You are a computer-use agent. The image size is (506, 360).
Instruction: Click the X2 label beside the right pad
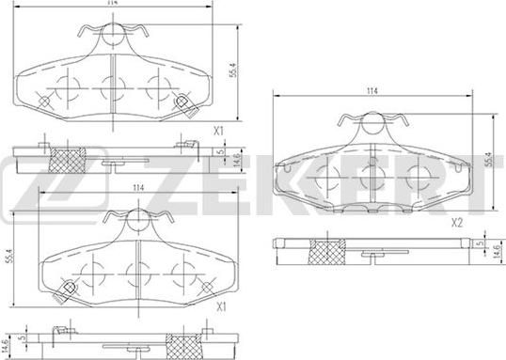457,223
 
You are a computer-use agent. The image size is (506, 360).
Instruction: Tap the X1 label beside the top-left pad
219,132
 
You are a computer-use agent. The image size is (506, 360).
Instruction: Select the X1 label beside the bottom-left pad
221,307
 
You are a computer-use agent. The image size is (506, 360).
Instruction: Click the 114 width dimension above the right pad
372,91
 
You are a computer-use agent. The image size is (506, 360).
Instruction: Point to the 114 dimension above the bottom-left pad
138,188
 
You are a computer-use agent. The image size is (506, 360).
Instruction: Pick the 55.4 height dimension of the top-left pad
233,70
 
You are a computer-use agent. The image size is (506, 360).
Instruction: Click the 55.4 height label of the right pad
487,159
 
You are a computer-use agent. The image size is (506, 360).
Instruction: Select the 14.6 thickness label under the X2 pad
497,252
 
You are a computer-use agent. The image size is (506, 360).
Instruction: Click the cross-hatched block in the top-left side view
67,160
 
